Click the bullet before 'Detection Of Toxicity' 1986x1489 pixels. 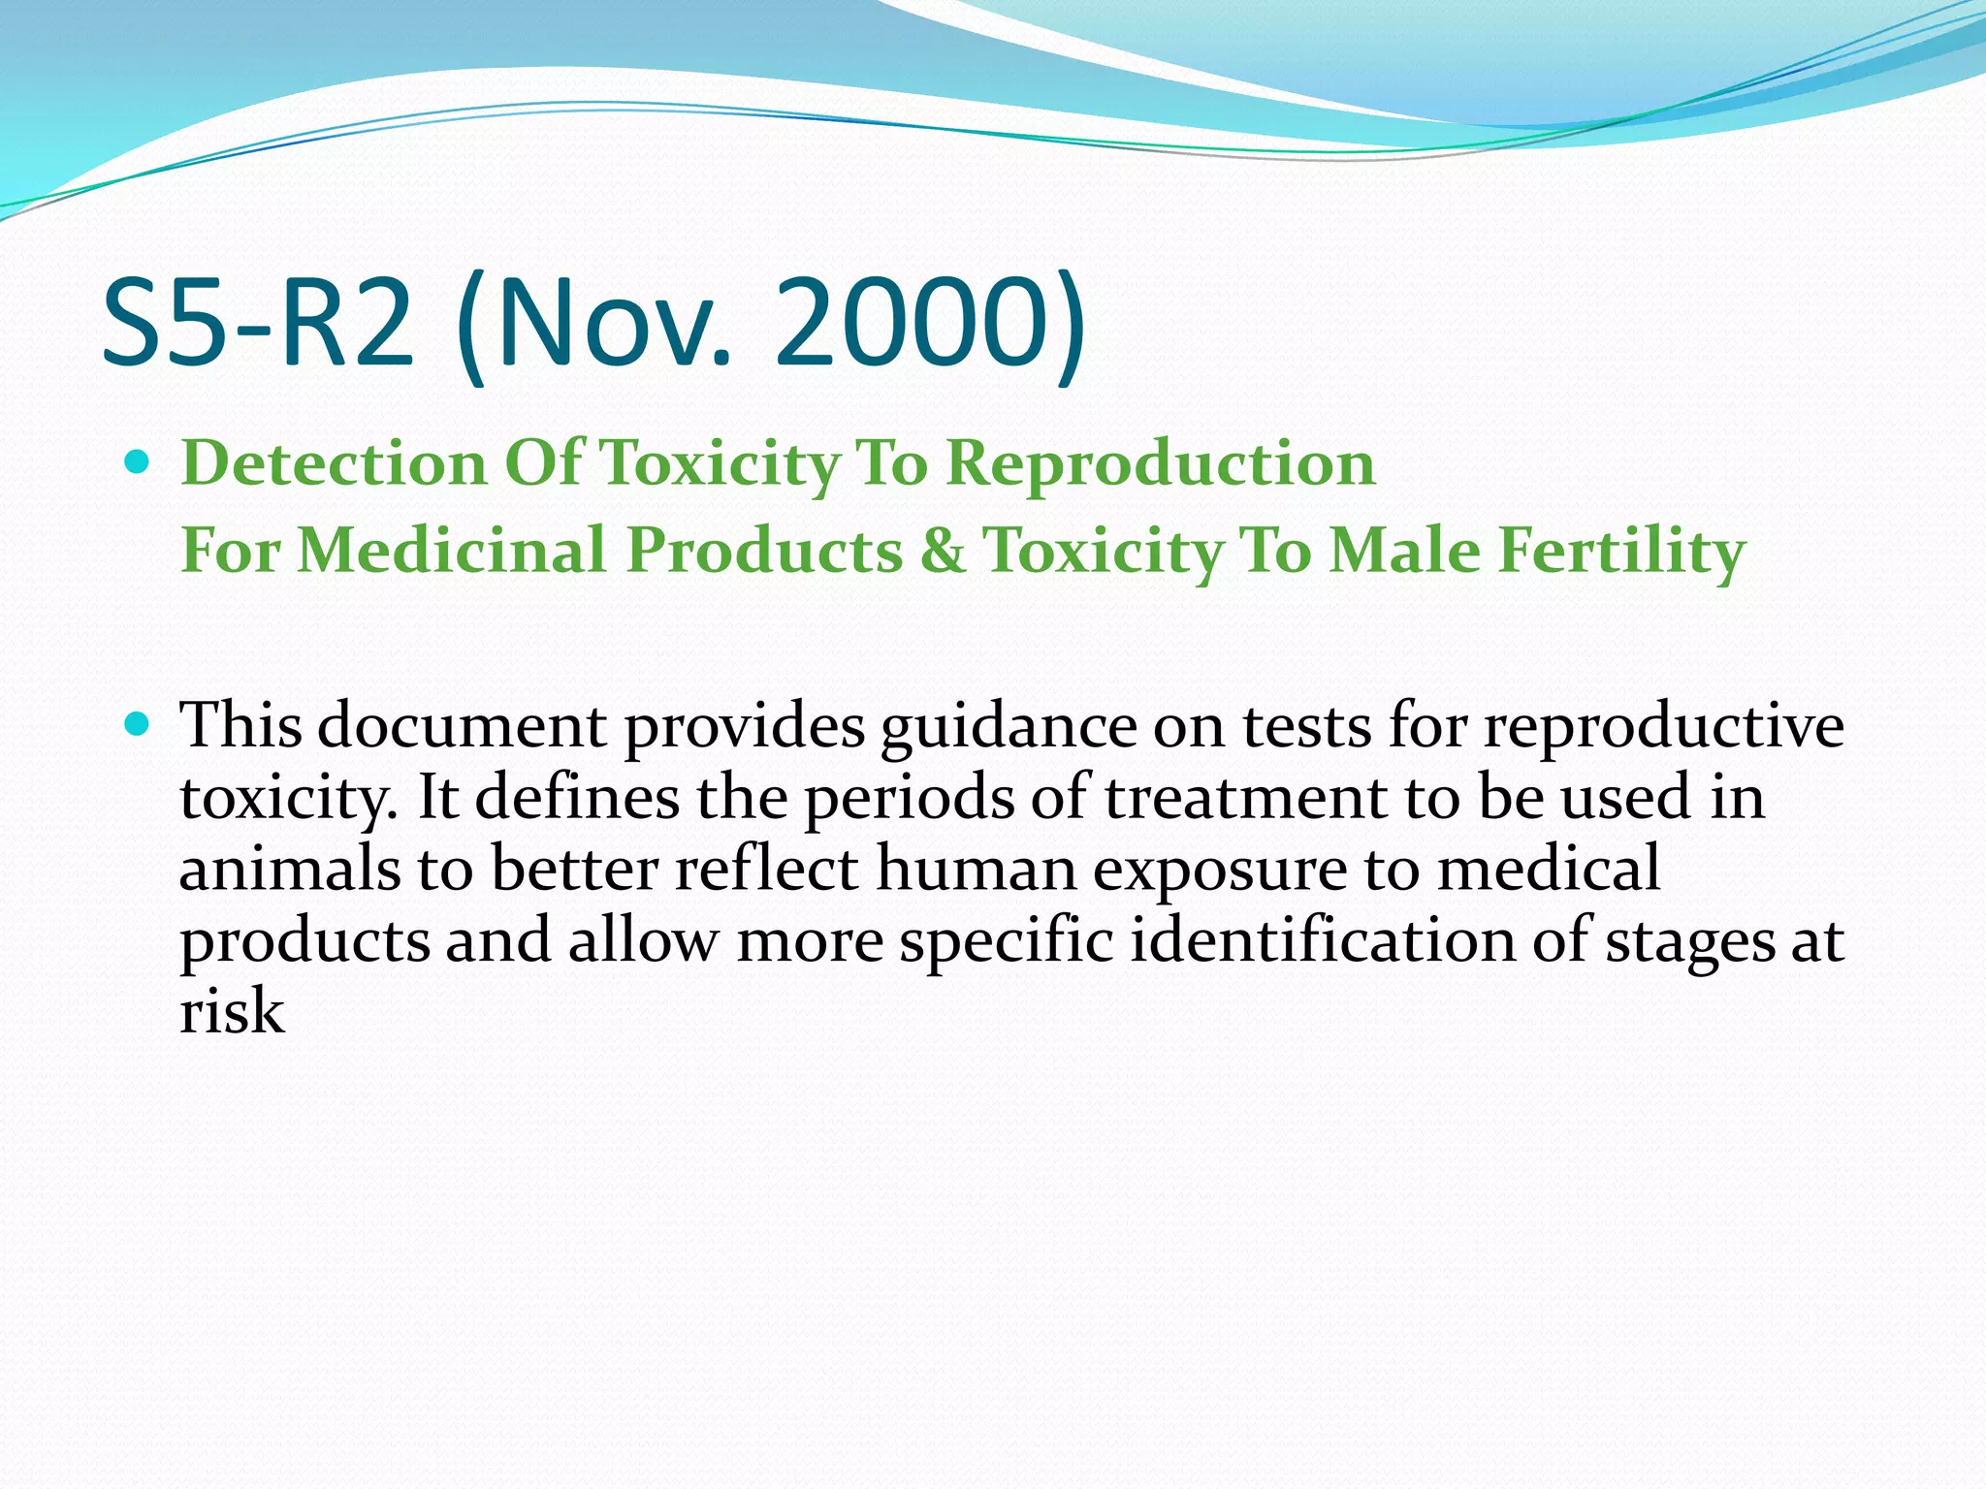pos(139,462)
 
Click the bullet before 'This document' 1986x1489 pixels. pos(139,724)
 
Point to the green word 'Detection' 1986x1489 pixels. pos(334,462)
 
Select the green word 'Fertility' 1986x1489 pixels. pos(1621,551)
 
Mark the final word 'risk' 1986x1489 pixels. pos(232,1012)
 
